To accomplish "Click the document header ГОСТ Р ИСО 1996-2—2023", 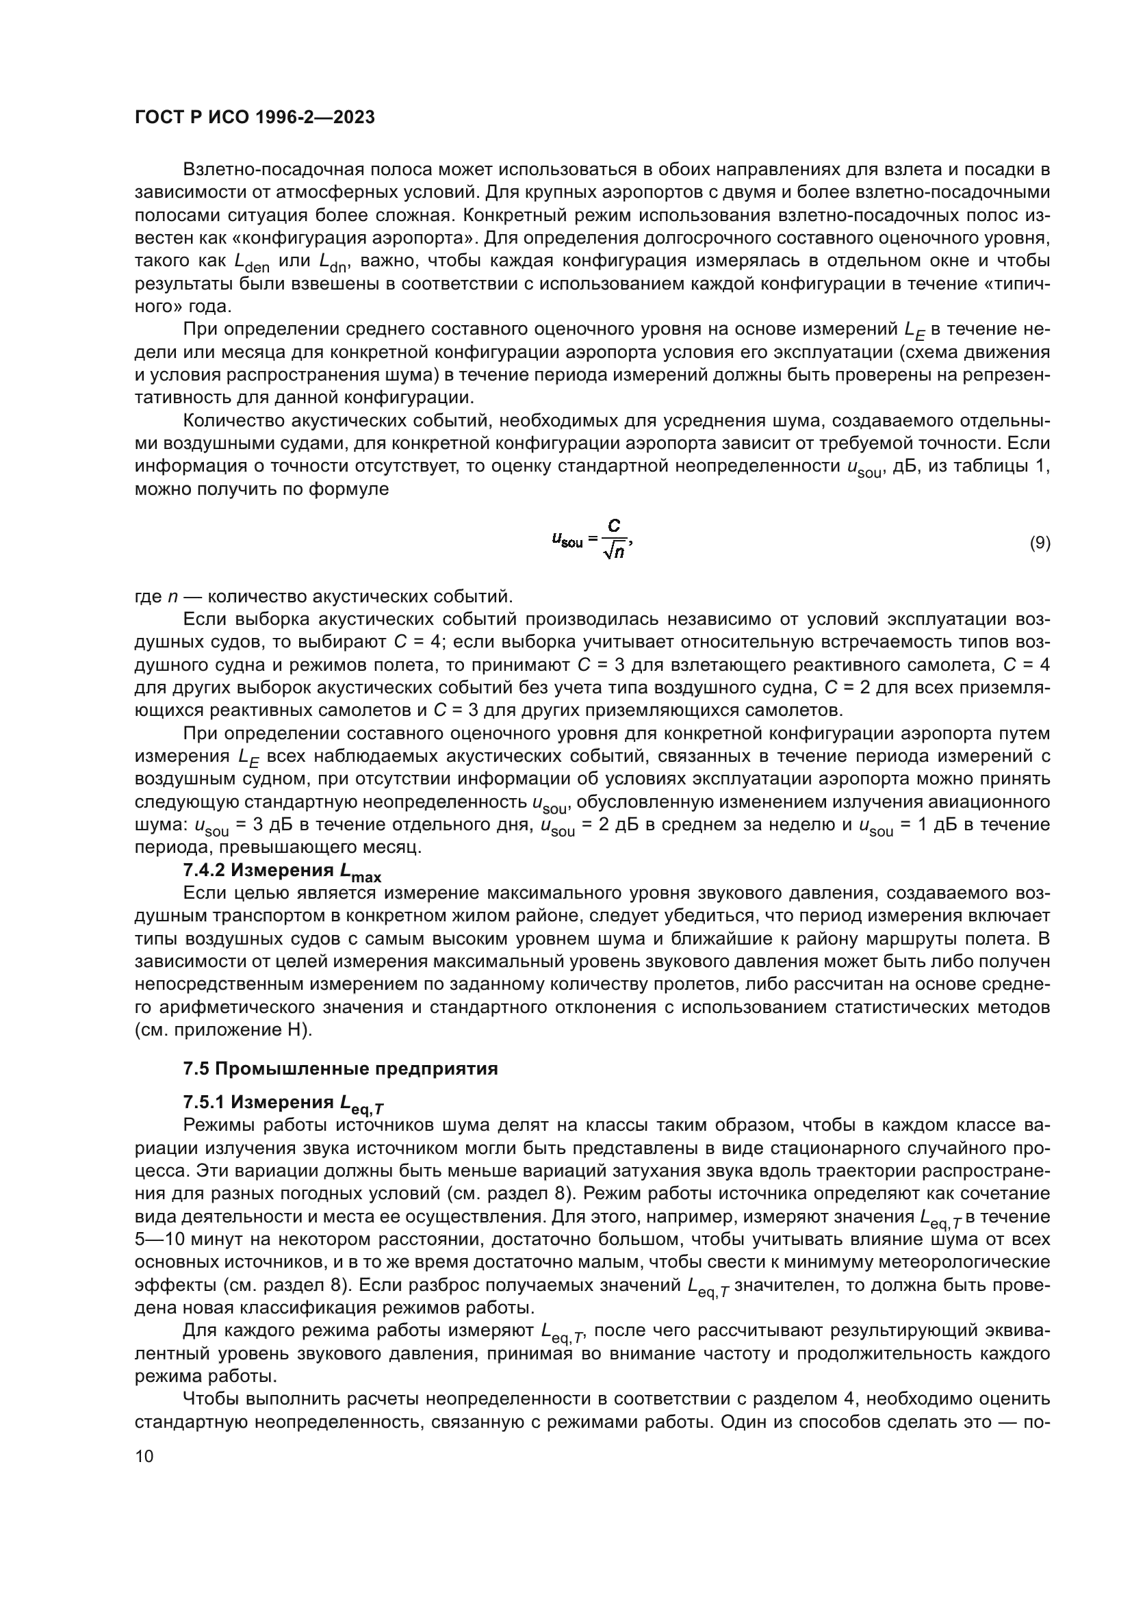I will coord(255,117).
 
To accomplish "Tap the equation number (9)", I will coord(1040,543).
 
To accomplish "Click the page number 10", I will coord(144,1456).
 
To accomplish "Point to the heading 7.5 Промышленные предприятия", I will coord(340,1069).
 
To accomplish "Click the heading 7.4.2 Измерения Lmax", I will coord(281,871).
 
